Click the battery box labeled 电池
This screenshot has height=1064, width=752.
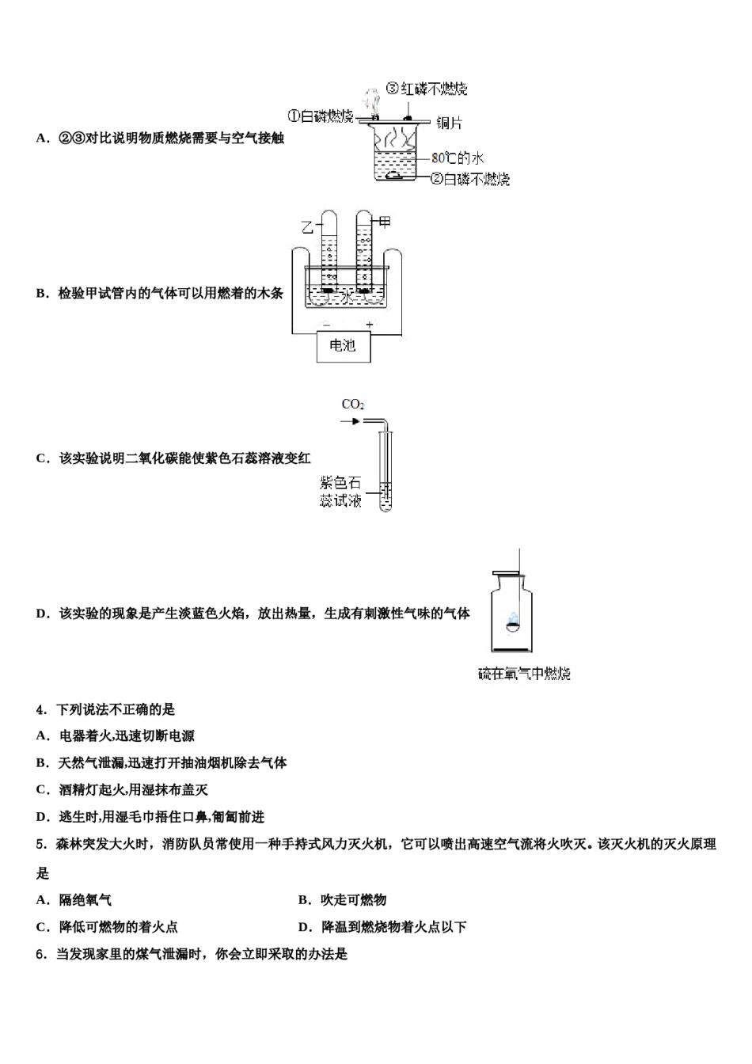pos(343,346)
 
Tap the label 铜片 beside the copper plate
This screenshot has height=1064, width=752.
pos(449,123)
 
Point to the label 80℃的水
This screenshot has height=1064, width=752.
pos(457,158)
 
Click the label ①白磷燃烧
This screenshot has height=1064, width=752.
pos(320,116)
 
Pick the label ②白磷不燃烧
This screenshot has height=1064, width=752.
pos(469,179)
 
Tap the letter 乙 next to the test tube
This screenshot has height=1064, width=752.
pos(308,227)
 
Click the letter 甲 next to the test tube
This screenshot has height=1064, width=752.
pos(385,222)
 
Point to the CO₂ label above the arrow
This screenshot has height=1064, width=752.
pos(352,405)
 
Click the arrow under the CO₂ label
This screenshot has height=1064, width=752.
pos(349,421)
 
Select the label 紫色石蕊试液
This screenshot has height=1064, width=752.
pos(340,491)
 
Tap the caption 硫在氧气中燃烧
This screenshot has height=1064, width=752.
pos(524,674)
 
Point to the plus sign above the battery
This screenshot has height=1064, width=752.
pos(369,325)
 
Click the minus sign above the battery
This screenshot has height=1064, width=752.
pos(326,325)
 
